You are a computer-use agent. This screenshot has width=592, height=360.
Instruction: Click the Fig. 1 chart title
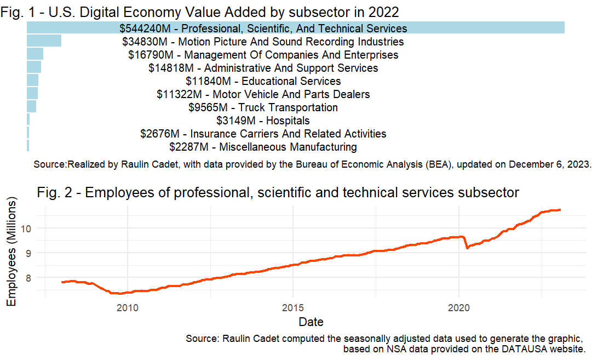coord(200,10)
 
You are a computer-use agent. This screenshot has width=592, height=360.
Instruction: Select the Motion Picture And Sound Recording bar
coord(44,41)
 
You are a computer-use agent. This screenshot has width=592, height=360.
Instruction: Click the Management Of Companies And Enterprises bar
coord(35,54)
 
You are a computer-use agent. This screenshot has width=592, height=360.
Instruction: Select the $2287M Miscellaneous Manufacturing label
coord(263,147)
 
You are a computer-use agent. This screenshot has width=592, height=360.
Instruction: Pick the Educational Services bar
coord(32,81)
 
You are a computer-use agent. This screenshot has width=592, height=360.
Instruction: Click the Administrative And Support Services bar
coord(33,67)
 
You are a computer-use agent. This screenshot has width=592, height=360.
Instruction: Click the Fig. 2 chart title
coord(278,193)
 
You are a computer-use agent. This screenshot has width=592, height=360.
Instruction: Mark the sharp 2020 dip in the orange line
coord(467,248)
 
